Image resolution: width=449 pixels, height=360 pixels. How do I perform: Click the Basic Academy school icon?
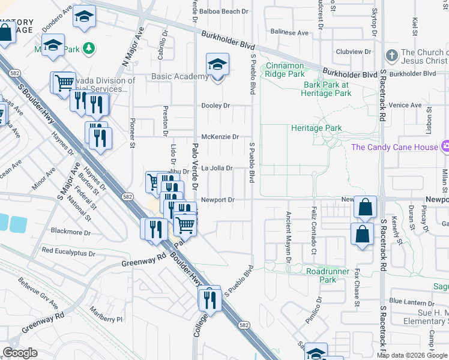[217, 65]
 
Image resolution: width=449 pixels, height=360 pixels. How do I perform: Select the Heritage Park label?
[316, 128]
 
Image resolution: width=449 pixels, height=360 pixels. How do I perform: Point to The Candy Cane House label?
[393, 147]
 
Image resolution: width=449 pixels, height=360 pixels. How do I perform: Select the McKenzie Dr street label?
[220, 137]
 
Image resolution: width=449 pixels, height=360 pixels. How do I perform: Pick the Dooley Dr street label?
[215, 106]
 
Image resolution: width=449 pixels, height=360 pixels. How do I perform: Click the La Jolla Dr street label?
[216, 169]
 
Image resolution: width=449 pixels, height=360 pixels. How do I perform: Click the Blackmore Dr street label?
[71, 232]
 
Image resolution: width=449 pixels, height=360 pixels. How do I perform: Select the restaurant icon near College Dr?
[209, 298]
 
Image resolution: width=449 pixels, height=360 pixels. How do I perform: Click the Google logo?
[20, 353]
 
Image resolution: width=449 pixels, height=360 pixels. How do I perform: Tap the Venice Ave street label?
[405, 105]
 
